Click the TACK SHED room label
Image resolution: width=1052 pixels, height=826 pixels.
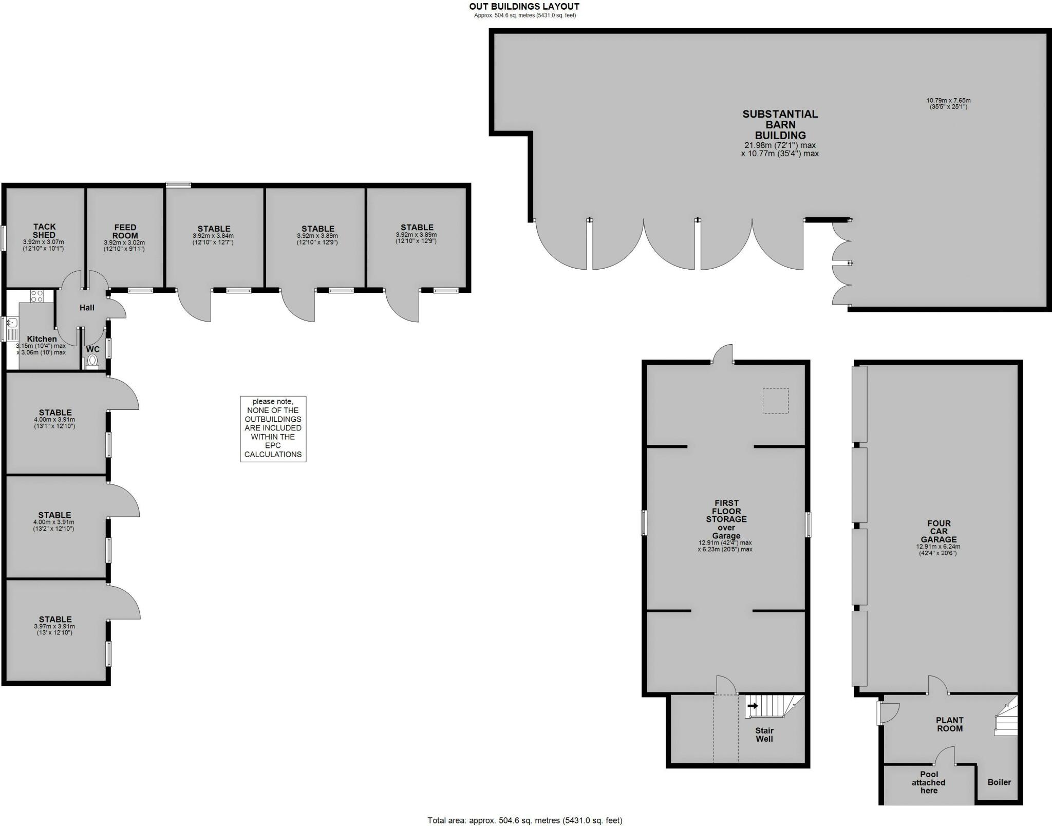tap(44, 231)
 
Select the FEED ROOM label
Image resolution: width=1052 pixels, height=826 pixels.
tap(125, 231)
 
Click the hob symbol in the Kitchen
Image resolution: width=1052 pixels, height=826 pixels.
tap(37, 296)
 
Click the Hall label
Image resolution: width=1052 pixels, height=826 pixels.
tap(87, 308)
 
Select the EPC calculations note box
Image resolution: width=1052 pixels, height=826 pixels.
tap(273, 428)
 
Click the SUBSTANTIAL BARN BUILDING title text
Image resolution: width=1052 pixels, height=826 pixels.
tap(780, 124)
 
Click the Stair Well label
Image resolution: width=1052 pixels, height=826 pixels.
tap(764, 734)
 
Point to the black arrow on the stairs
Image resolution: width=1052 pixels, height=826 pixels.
tap(753, 706)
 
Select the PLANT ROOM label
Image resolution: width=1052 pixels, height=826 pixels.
tap(949, 724)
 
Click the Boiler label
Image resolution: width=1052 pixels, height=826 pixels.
tap(999, 782)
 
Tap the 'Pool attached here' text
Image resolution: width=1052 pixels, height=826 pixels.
tap(929, 782)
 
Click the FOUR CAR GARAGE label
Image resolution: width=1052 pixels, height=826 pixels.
tap(938, 531)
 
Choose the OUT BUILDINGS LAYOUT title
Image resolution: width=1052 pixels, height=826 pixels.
tap(524, 7)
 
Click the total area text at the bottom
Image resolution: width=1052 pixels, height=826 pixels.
tap(524, 820)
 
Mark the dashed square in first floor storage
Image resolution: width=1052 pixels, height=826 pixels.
tap(775, 401)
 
